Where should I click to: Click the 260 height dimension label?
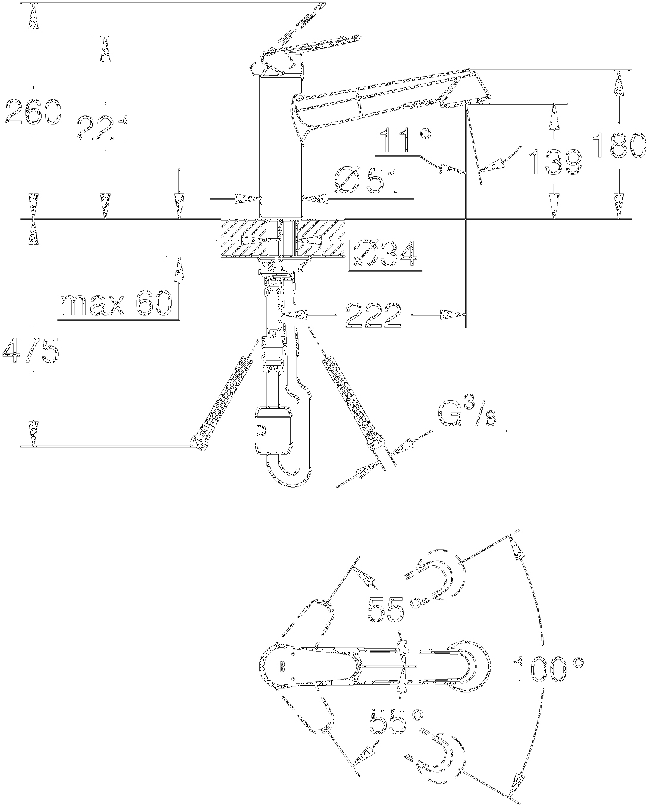coord(33,113)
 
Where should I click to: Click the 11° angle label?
coord(405,142)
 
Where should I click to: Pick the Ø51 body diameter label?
coord(367,180)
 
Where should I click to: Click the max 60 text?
coord(116,304)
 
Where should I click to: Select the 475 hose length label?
coord(31,351)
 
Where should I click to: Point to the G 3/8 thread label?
coord(467,413)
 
